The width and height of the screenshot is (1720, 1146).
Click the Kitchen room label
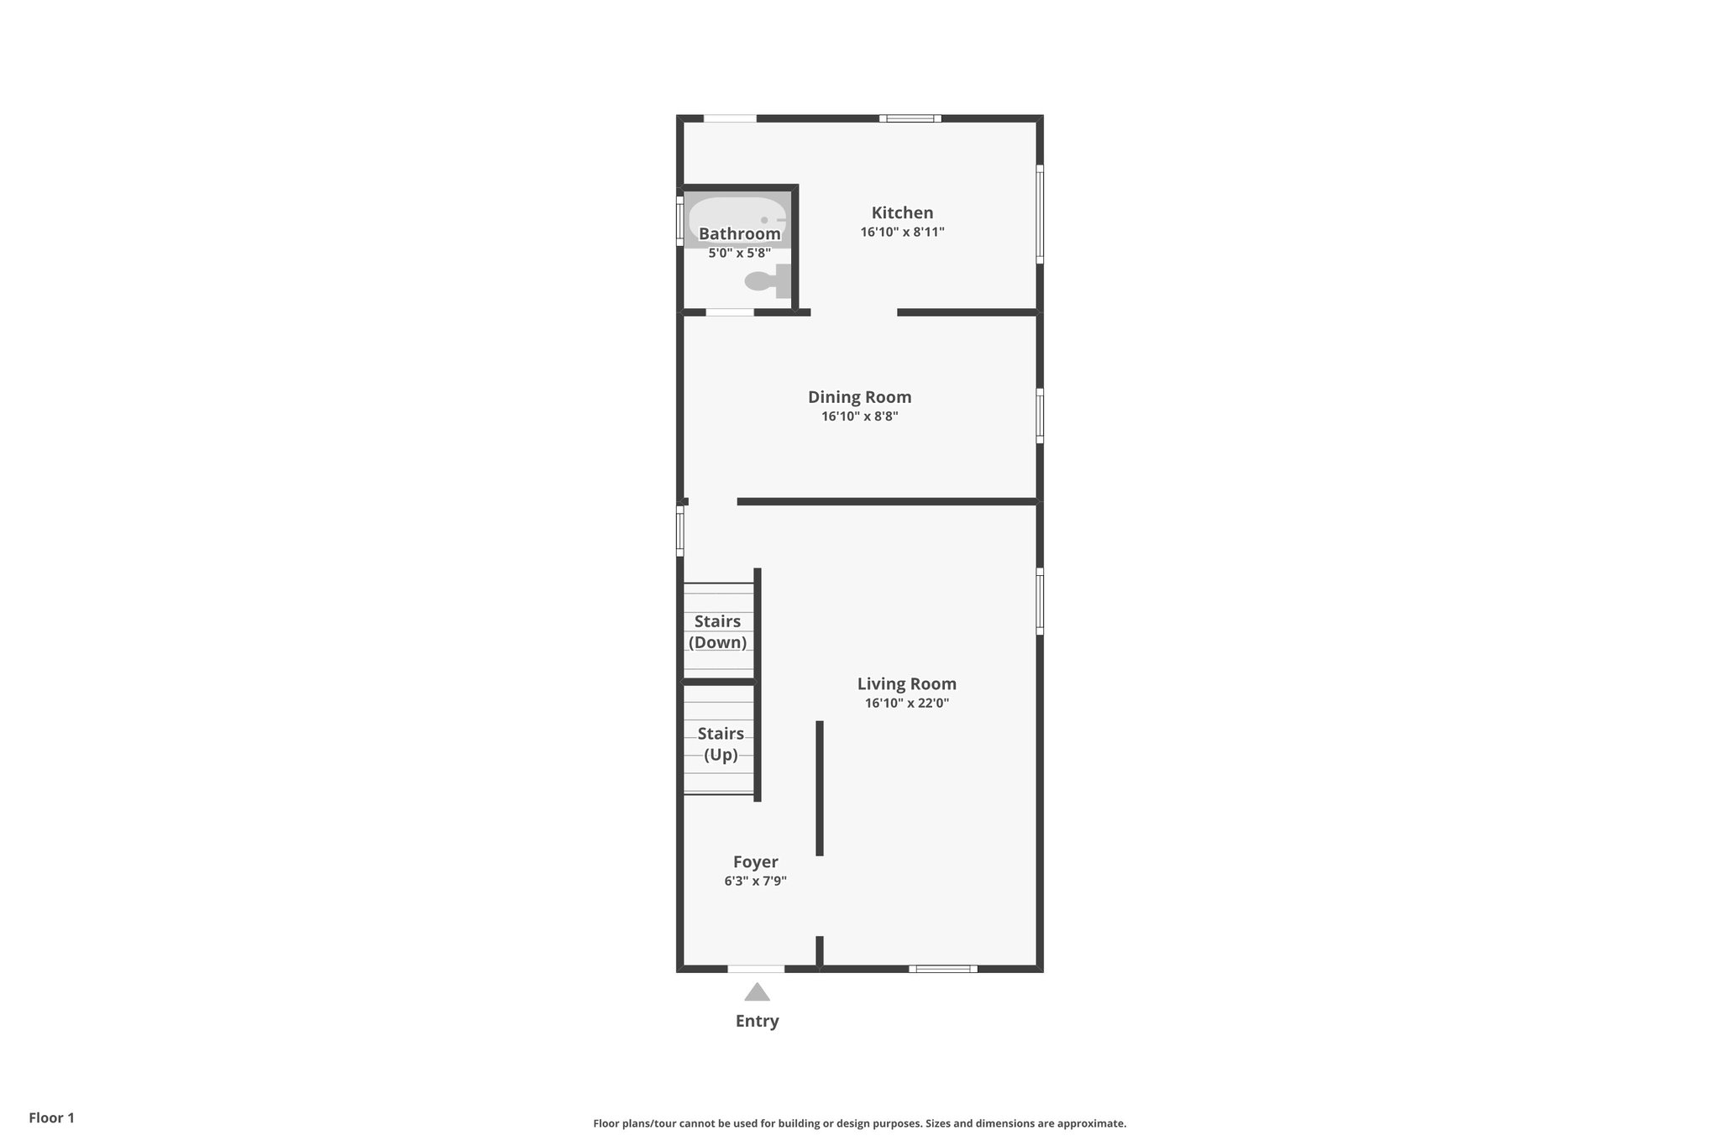tap(902, 213)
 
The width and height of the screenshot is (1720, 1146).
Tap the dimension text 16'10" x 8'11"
tap(902, 233)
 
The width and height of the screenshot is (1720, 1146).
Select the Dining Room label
tap(859, 397)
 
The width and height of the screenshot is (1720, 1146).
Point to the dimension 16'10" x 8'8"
tap(859, 416)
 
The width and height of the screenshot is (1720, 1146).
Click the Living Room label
tap(906, 684)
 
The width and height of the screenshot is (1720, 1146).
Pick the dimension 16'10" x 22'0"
tap(906, 704)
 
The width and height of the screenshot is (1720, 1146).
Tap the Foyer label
tap(755, 862)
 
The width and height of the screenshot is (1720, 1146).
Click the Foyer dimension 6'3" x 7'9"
tap(755, 882)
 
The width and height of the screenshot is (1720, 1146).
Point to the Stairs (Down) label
tap(717, 632)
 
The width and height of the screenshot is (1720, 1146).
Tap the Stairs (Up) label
tap(720, 744)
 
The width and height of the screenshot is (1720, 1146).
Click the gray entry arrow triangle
tap(757, 993)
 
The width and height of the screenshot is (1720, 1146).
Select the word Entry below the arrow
tap(757, 1022)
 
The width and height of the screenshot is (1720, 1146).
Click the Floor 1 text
tap(51, 1118)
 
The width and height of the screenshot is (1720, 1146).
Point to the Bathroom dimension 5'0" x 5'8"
tap(739, 253)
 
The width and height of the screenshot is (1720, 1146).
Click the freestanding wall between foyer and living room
tap(820, 788)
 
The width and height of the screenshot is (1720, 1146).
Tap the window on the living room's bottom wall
tap(942, 969)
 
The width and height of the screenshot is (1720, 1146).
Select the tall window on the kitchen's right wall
tap(1040, 213)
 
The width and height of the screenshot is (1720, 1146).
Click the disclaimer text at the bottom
tap(859, 1123)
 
